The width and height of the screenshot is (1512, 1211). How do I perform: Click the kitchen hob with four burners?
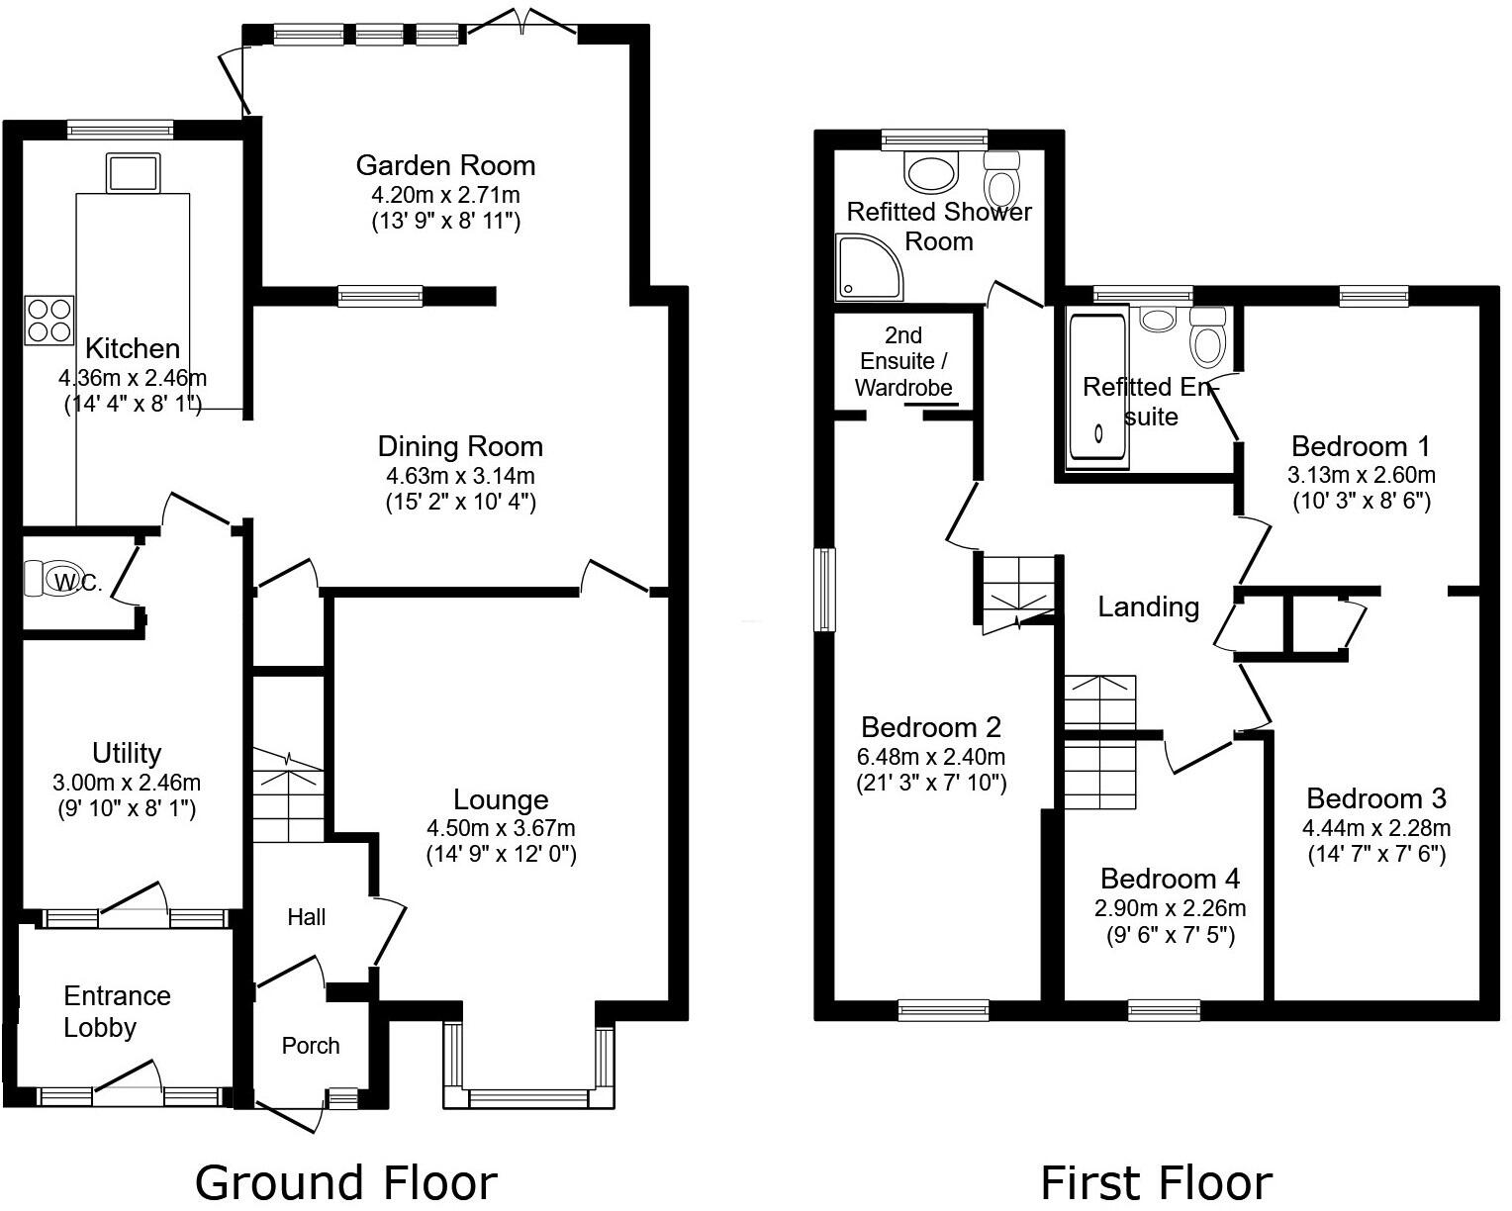49,321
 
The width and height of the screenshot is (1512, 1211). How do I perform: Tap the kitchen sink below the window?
133,173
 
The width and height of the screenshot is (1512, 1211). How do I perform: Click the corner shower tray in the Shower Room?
869,266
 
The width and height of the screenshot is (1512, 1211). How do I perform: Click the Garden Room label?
445,165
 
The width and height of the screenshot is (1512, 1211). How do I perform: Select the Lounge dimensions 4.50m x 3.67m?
501,828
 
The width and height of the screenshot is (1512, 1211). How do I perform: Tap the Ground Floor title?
345,1182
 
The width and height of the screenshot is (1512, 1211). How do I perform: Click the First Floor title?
1156,1182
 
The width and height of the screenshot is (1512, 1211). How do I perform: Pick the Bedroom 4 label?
1170,879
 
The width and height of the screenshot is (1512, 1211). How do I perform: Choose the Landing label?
1148,606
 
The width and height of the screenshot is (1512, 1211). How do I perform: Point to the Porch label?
311,1046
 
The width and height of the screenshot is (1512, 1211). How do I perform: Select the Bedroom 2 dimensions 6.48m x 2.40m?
930,758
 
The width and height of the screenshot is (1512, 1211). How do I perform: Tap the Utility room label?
127,753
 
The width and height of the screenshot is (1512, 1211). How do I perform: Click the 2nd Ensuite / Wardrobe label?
903,361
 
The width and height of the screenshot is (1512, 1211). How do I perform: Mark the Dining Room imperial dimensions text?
460,503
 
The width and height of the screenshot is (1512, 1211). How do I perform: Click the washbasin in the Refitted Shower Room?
931,173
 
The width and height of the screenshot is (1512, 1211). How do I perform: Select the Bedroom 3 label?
1375,798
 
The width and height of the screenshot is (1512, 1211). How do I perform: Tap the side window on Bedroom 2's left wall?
824,589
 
